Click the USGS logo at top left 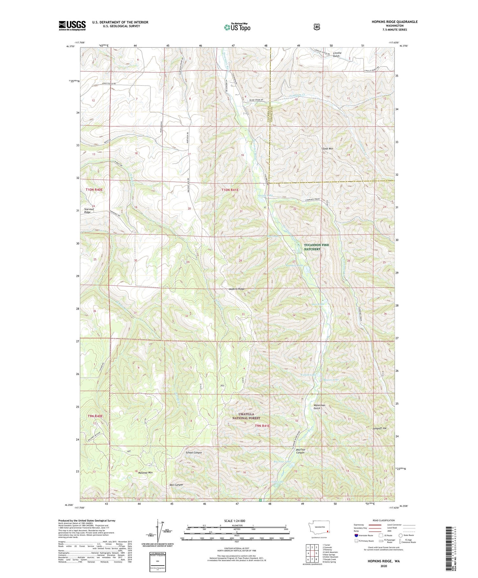tap(72, 25)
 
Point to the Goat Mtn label tap(328, 149)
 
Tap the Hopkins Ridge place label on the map tap(236, 289)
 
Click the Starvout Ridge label tap(87, 210)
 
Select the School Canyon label tap(194, 452)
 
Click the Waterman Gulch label tap(319, 407)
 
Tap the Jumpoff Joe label tap(379, 428)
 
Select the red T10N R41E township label tap(230, 190)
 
